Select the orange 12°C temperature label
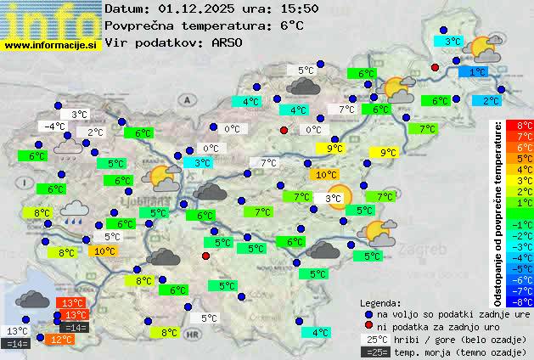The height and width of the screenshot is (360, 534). click(x=59, y=340)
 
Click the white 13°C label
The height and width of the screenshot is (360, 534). click(x=16, y=331)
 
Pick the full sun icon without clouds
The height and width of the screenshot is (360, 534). click(x=337, y=197)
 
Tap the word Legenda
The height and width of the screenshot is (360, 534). click(x=380, y=303)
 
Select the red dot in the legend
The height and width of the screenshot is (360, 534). click(x=368, y=327)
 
